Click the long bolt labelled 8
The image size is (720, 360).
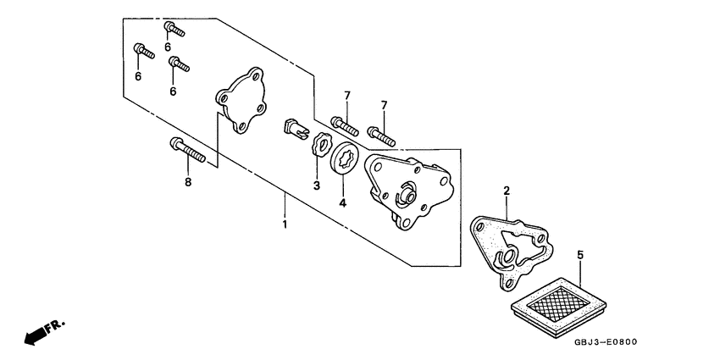[188, 152]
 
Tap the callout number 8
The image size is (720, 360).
[188, 182]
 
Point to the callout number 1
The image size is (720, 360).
[285, 224]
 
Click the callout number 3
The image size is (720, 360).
[316, 185]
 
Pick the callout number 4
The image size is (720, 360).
[343, 203]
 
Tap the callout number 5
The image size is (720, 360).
[580, 253]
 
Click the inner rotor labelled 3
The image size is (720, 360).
[320, 145]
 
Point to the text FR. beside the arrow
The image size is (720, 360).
[55, 322]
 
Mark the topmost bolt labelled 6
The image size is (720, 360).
[174, 30]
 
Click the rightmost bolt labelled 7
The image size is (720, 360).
[382, 134]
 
